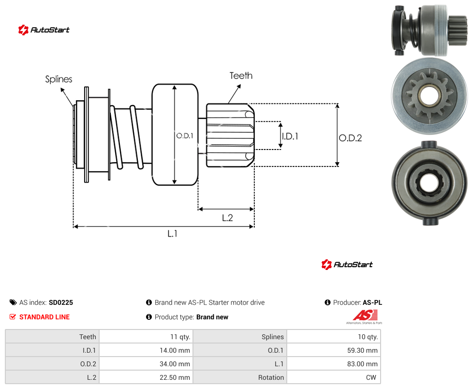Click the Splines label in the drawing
[59, 79]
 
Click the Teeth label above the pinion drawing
[241, 75]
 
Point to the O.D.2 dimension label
[351, 138]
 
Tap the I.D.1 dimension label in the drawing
[290, 136]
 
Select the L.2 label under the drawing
[227, 218]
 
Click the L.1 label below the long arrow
[172, 233]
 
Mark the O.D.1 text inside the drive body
[185, 136]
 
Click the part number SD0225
[61, 302]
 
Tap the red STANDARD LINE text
[44, 317]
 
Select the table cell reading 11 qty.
[147, 337]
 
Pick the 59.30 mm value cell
[334, 350]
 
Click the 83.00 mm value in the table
[334, 364]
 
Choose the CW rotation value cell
[334, 377]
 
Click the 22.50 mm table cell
[147, 377]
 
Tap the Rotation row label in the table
[271, 377]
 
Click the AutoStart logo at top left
[44, 30]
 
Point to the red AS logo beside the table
[365, 317]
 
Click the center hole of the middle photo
[428, 97]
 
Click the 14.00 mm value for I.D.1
[147, 350]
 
